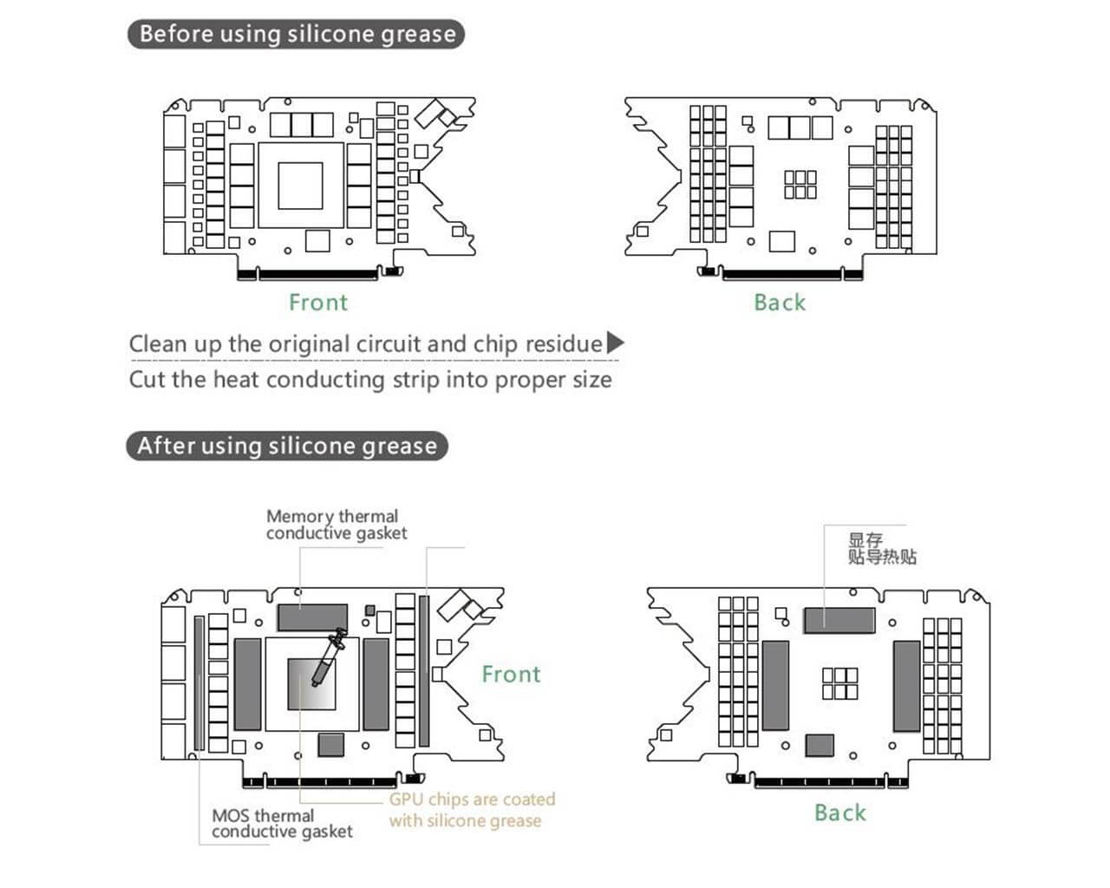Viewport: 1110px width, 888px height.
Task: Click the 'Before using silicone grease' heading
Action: (x=297, y=34)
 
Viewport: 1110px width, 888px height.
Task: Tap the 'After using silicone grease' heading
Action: (x=287, y=446)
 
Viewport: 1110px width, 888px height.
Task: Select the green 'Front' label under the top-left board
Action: (x=318, y=303)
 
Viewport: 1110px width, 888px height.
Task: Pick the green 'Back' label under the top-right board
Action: (x=780, y=303)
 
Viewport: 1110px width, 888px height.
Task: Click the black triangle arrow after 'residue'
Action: (x=615, y=343)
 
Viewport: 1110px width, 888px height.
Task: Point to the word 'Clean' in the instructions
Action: (x=158, y=344)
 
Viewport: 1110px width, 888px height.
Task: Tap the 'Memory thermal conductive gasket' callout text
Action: (x=336, y=525)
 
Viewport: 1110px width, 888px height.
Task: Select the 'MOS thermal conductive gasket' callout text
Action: (x=282, y=824)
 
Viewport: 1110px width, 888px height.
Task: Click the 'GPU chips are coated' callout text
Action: (x=472, y=800)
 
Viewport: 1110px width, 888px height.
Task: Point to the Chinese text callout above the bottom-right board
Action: (x=881, y=548)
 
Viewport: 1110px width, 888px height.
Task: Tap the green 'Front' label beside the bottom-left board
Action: (x=511, y=674)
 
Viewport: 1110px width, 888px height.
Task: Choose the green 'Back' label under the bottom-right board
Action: (x=839, y=813)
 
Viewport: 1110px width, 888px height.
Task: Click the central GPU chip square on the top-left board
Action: (x=300, y=186)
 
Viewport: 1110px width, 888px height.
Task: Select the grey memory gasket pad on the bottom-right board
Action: (x=839, y=620)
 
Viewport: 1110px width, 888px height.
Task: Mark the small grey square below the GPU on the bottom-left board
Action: (x=330, y=744)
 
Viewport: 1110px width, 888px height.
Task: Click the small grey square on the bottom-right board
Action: (x=819, y=745)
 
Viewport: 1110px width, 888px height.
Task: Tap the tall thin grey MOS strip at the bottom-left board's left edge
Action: (x=199, y=682)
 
